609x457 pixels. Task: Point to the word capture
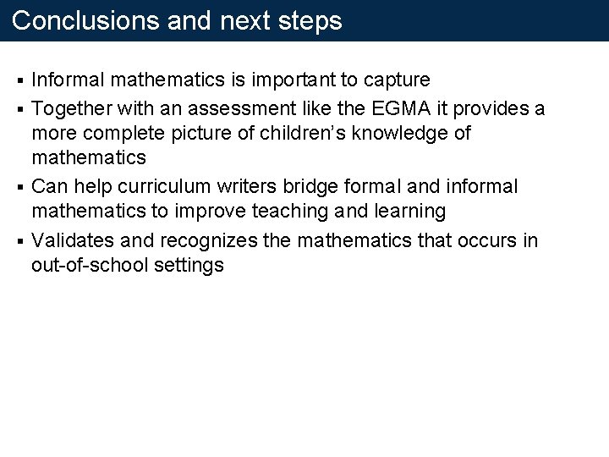pos(397,80)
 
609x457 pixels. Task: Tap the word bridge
pos(322,186)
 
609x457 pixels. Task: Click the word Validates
pos(71,240)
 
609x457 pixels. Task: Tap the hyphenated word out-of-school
pos(91,266)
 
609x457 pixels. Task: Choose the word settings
pos(189,266)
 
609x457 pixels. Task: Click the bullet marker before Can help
pos(21,187)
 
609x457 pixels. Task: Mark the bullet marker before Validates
pos(21,240)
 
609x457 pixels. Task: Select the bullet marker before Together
pos(21,108)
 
